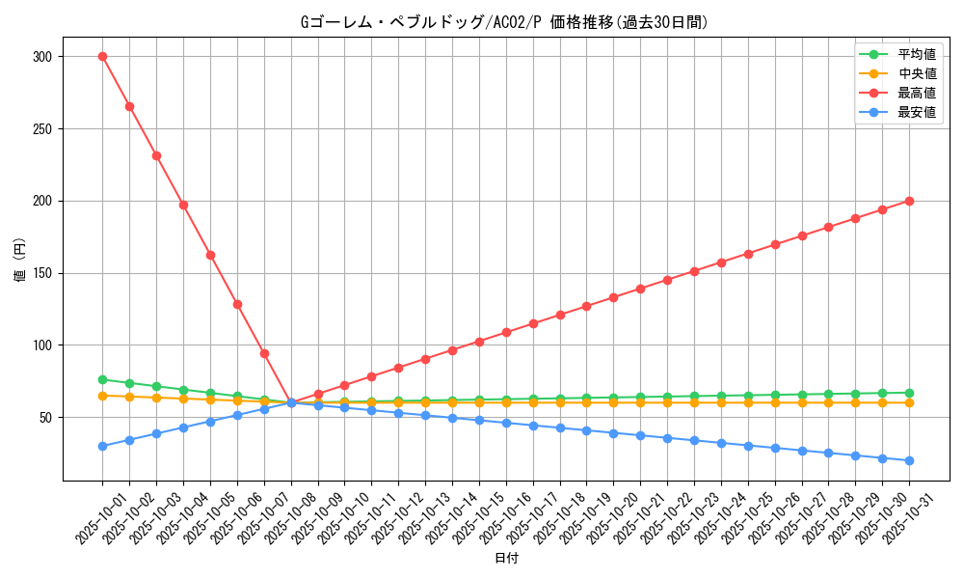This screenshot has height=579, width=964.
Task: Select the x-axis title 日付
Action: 506,559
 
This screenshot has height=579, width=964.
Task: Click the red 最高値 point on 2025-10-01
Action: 102,56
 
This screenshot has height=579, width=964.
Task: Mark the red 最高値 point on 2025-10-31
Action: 909,201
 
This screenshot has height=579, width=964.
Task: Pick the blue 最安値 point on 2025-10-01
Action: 102,446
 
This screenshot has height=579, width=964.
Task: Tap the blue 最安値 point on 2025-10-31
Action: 909,460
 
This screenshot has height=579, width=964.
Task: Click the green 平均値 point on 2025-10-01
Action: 102,379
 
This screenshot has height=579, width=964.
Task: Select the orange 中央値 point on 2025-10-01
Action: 102,396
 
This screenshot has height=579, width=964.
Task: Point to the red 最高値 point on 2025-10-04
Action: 183,205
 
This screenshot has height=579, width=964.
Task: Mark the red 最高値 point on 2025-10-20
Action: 613,297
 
